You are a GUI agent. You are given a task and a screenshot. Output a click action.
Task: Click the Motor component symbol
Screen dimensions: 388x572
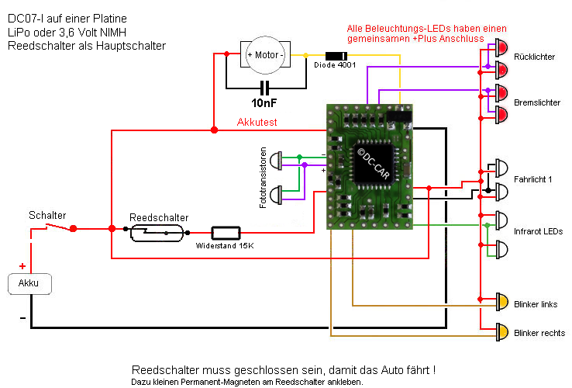pyautogui.click(x=264, y=54)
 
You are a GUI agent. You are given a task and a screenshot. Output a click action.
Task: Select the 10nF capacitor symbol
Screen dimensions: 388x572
pyautogui.click(x=265, y=87)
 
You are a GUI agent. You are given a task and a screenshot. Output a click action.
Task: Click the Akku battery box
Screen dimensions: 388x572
pyautogui.click(x=29, y=283)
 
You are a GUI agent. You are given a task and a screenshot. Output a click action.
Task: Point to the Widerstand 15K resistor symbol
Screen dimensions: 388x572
pyautogui.click(x=226, y=232)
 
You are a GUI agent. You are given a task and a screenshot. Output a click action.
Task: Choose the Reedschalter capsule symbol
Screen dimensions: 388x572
pyautogui.click(x=157, y=232)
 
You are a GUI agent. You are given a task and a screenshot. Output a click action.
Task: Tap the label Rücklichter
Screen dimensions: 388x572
pyautogui.click(x=534, y=57)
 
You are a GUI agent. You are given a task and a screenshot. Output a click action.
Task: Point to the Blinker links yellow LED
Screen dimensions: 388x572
pyautogui.click(x=501, y=303)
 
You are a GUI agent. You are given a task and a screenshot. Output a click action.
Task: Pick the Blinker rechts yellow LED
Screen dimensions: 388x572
pyautogui.click(x=501, y=332)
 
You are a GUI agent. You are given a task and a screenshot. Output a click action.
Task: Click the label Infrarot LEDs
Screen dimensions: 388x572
pyautogui.click(x=539, y=231)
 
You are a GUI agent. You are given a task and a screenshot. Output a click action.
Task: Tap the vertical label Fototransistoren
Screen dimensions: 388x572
pyautogui.click(x=264, y=178)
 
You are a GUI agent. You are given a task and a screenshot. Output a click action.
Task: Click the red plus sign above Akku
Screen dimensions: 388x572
pyautogui.click(x=22, y=266)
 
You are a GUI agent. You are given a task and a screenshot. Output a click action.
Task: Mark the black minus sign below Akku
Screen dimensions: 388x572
pyautogui.click(x=22, y=318)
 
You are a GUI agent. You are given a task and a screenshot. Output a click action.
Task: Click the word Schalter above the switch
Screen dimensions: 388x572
pyautogui.click(x=47, y=215)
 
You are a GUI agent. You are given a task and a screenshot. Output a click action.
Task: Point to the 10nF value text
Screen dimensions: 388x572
pyautogui.click(x=265, y=102)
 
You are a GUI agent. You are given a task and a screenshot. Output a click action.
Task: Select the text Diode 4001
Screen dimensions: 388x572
pyautogui.click(x=335, y=66)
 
